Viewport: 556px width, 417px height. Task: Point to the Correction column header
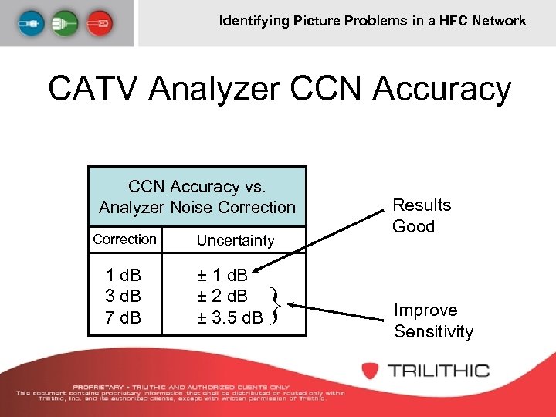pos(124,239)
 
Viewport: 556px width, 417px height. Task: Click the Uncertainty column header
pos(235,240)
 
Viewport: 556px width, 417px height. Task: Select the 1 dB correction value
pos(124,276)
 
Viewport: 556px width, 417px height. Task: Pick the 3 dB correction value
pos(124,296)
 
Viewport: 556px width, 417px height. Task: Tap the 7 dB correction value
pos(124,316)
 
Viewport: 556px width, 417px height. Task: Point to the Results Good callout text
pos(421,215)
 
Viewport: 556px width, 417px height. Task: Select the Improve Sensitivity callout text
pos(432,320)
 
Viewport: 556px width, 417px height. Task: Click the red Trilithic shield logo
pos(371,370)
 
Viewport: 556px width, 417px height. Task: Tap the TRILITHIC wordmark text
pos(438,370)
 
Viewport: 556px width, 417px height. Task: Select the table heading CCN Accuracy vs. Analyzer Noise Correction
pos(197,197)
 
